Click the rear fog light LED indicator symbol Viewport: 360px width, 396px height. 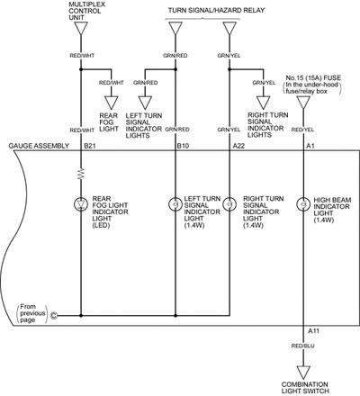pos(81,204)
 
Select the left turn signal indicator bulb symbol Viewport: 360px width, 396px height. pos(175,204)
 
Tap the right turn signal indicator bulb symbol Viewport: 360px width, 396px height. pos(229,204)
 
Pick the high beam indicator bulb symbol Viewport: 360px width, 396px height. pos(303,204)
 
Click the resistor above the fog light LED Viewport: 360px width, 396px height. pos(81,174)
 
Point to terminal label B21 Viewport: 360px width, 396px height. pos(90,146)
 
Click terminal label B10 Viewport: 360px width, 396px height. pos(183,146)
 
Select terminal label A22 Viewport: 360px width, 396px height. pos(238,146)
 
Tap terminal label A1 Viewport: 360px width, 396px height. pos(310,146)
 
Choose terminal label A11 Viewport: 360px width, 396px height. pos(313,331)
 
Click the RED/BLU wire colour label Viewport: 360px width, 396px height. pos(302,346)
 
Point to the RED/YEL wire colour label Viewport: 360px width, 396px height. pos(302,130)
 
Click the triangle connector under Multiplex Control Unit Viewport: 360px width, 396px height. pos(81,28)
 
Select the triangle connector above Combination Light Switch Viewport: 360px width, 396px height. pos(303,373)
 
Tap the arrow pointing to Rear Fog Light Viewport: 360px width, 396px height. pos(112,103)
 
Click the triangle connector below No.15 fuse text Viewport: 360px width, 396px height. pos(303,103)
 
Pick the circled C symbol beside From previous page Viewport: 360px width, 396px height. pos(54,316)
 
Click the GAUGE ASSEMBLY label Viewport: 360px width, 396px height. pos(39,146)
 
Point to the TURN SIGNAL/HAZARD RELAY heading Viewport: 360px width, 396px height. pos(216,10)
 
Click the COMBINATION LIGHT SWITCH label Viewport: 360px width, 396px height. pos(305,388)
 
